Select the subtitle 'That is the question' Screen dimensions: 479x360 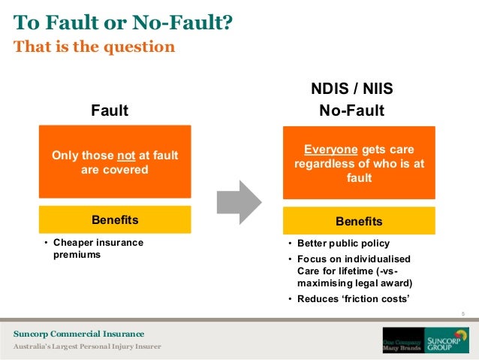[x=94, y=47]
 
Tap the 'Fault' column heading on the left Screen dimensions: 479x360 [x=110, y=111]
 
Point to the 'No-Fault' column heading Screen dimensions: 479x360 [x=351, y=111]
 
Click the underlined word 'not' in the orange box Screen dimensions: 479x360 [x=126, y=156]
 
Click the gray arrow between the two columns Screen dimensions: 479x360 [x=238, y=202]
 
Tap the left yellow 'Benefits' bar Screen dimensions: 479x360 [x=115, y=220]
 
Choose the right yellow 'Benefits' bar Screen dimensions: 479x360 [x=359, y=222]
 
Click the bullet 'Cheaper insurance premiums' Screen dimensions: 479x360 [x=98, y=249]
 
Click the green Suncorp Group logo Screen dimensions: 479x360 [x=446, y=340]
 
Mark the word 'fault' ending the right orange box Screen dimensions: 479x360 [x=359, y=179]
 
